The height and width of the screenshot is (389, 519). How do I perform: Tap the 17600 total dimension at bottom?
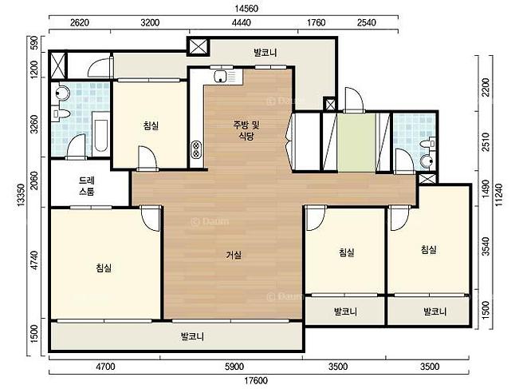(257, 381)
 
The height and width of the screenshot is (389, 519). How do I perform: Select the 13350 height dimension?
(21, 195)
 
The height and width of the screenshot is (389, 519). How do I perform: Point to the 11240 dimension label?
(499, 194)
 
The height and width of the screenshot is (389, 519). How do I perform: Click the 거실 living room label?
(234, 255)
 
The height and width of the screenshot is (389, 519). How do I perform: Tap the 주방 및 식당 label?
(246, 131)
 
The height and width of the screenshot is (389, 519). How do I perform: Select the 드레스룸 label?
(87, 186)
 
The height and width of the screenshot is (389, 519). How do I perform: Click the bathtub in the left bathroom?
(100, 135)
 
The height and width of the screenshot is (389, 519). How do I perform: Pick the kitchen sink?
(220, 77)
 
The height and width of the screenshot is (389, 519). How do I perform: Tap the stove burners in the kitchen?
(196, 149)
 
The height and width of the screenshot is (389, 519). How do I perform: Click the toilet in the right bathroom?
(427, 144)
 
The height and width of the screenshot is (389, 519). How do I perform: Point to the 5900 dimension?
(234, 367)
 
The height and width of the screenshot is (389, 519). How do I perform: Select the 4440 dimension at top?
(242, 22)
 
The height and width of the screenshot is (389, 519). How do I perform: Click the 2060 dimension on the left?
(34, 181)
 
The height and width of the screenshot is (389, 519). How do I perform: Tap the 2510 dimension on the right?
(486, 141)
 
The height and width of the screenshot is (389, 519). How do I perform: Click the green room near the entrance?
(356, 143)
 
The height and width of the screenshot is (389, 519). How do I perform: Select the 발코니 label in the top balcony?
(265, 53)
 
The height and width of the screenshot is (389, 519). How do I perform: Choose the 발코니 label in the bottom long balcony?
(192, 337)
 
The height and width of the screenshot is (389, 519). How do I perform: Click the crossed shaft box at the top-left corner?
(58, 65)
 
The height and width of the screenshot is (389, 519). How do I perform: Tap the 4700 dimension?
(105, 367)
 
